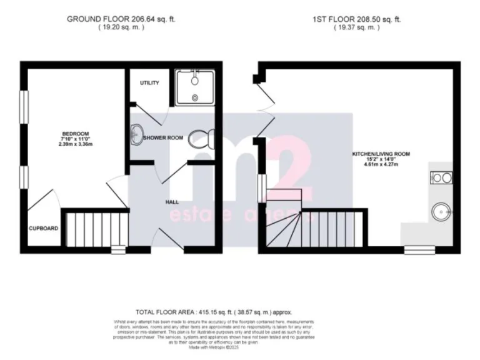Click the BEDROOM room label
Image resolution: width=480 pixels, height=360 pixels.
tap(75, 133)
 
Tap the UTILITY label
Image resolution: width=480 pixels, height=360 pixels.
tap(149, 83)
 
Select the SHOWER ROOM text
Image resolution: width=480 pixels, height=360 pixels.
tap(163, 137)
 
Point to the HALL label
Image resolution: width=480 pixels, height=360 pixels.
tap(172, 202)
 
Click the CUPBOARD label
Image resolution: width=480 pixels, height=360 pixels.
tap(43, 229)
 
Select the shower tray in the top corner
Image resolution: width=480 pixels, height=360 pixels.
tap(195, 86)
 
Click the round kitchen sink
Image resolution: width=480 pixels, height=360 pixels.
tap(442, 212)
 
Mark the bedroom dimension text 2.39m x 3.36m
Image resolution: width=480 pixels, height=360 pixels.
tap(75, 144)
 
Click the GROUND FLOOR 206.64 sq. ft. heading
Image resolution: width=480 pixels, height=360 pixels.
tap(121, 19)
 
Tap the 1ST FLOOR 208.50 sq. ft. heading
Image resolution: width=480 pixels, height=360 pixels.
tap(357, 19)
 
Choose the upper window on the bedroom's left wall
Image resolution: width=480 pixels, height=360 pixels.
tap(23, 107)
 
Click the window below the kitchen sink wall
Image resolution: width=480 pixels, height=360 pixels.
tap(415, 250)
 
